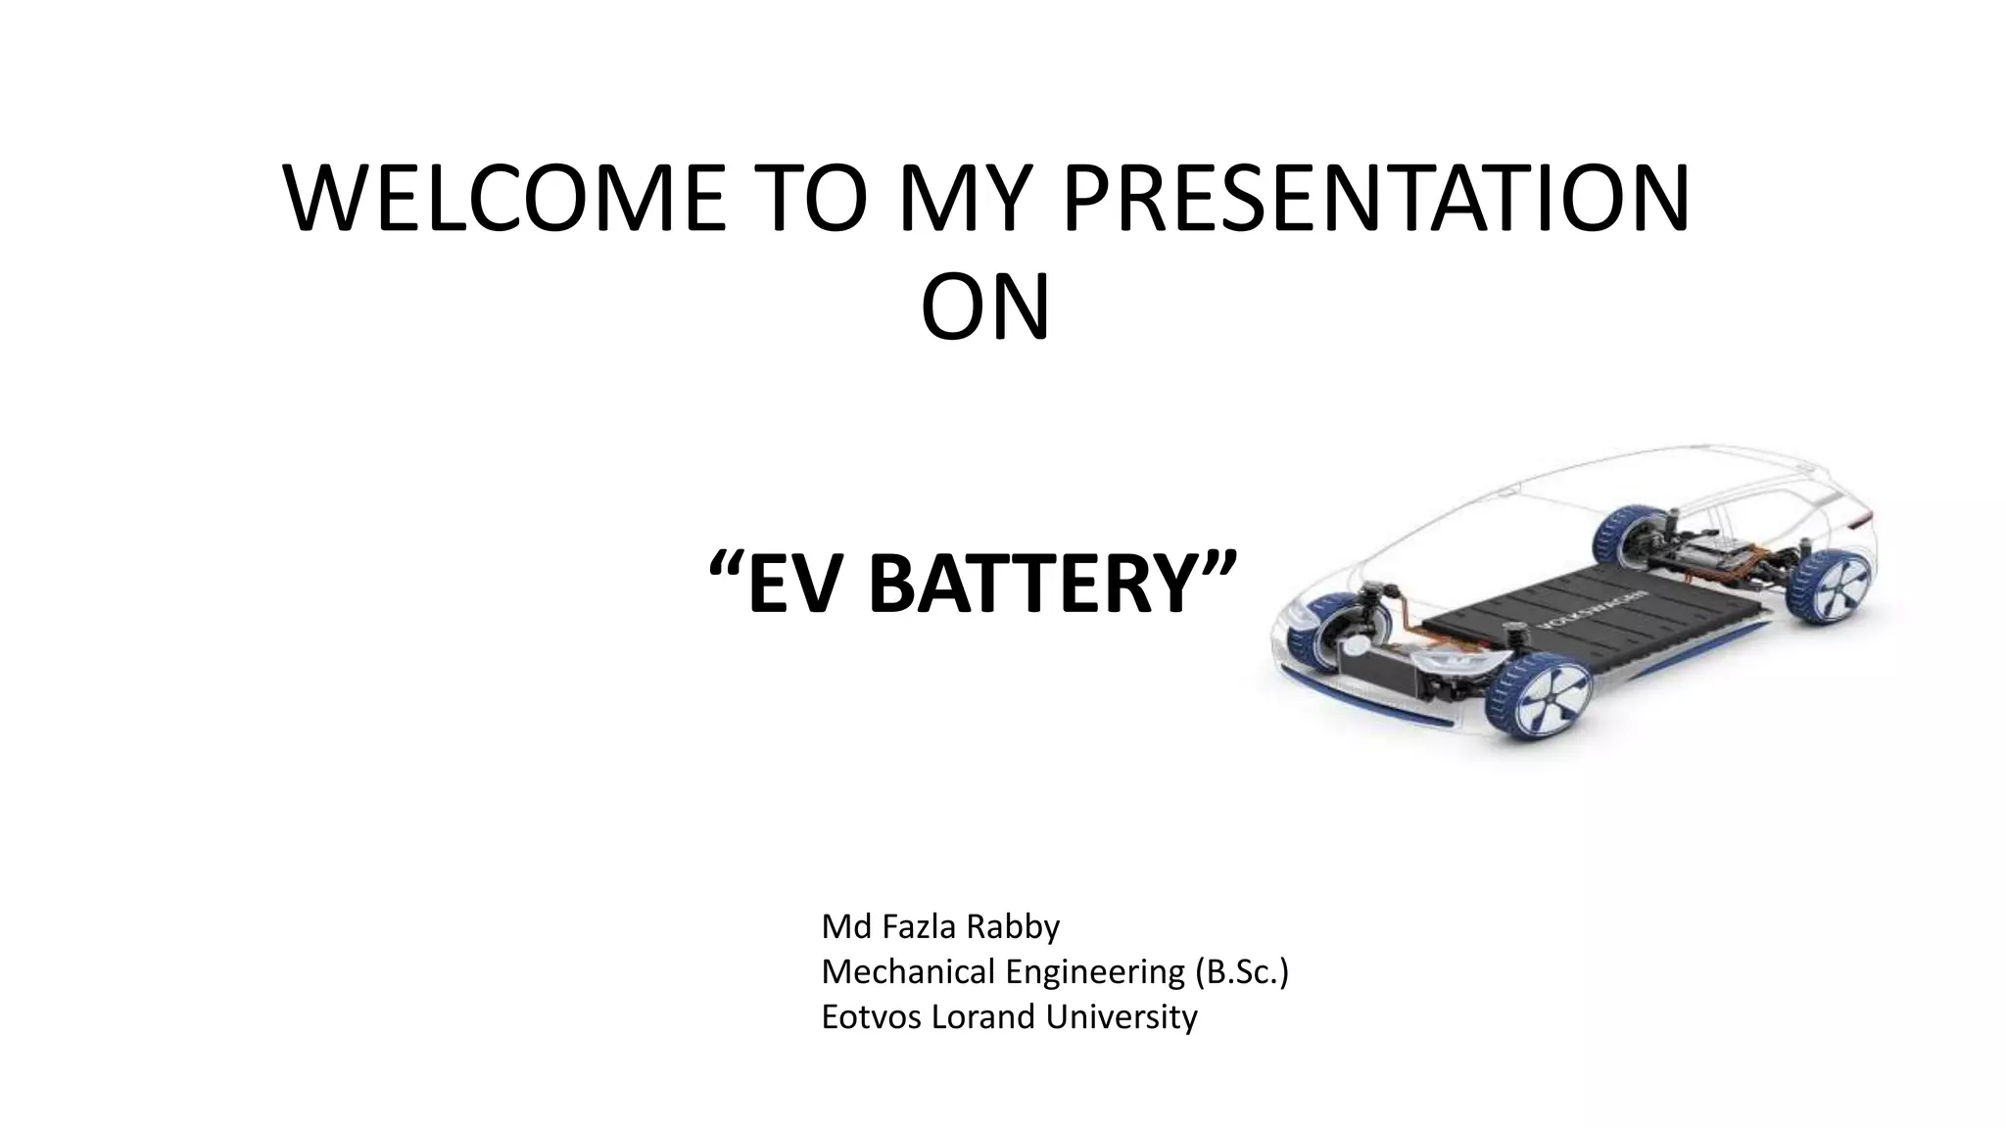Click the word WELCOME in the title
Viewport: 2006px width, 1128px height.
pos(504,200)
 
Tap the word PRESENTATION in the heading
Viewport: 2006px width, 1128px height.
pos(1375,200)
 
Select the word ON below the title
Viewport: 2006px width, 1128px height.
pos(985,308)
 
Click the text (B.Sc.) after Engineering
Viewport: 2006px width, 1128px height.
pos(1241,971)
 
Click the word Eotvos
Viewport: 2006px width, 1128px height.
pos(871,1016)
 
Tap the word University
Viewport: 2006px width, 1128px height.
pos(1121,1016)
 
